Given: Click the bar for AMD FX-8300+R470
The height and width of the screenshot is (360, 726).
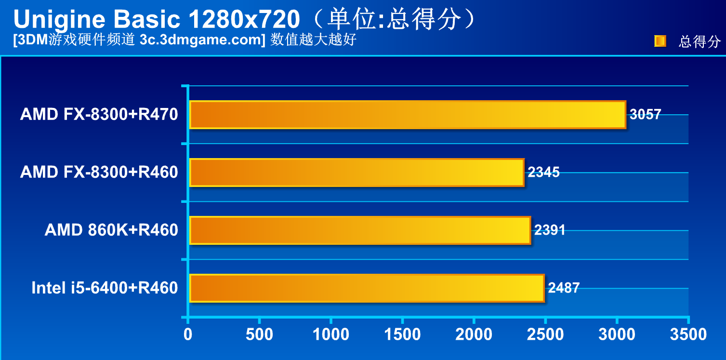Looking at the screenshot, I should (x=407, y=115).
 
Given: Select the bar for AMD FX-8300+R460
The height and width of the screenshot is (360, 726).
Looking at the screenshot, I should (x=356, y=173).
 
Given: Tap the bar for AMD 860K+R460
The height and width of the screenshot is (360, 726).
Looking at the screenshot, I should (x=360, y=230).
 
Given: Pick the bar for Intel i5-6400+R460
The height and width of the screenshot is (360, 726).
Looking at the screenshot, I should (x=367, y=288).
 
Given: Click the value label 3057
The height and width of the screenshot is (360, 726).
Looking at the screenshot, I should (x=646, y=115).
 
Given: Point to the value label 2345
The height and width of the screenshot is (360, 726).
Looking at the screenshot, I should (x=543, y=173).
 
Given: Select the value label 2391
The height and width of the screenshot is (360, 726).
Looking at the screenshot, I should (x=550, y=230).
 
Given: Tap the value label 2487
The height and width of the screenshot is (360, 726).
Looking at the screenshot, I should (x=564, y=288).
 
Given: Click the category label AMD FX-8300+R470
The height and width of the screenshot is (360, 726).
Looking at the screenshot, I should (x=99, y=115).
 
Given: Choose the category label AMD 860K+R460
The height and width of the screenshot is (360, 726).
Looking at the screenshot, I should (x=111, y=230).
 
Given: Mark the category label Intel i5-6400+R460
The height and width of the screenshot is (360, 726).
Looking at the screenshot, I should (x=105, y=288).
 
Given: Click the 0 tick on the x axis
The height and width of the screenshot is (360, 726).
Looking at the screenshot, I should (x=188, y=334).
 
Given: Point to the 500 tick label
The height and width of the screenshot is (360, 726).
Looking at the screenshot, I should (x=259, y=334).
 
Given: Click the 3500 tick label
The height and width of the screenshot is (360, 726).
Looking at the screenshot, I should (x=688, y=334).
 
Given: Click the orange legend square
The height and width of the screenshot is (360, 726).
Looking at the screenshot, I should (x=660, y=41).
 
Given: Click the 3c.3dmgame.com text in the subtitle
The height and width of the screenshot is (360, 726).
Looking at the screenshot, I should (x=202, y=40).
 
